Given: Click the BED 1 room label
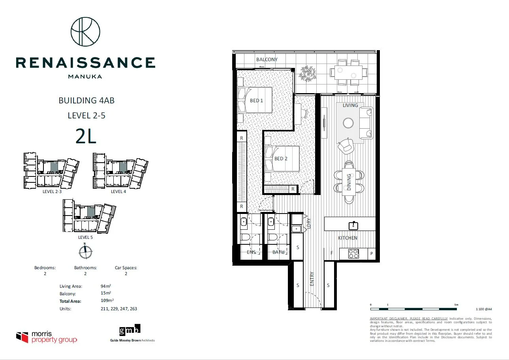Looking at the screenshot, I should tap(256, 101).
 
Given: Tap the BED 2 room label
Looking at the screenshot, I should tap(281, 159).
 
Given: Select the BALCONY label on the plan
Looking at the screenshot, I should tap(267, 60).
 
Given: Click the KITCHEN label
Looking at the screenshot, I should tap(347, 238).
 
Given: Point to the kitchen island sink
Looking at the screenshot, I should tap(353, 225).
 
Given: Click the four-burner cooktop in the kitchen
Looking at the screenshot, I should tap(354, 254).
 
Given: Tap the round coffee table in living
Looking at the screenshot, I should tap(349, 123).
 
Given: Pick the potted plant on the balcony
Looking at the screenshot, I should tap(308, 73).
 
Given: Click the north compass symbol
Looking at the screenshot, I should tap(85, 250).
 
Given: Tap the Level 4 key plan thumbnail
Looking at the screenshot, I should tap(120, 171).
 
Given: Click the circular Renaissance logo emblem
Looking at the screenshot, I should tap(85, 32).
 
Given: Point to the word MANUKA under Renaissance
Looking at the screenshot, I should tap(85, 77).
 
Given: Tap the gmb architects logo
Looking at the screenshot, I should tap(130, 329).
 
